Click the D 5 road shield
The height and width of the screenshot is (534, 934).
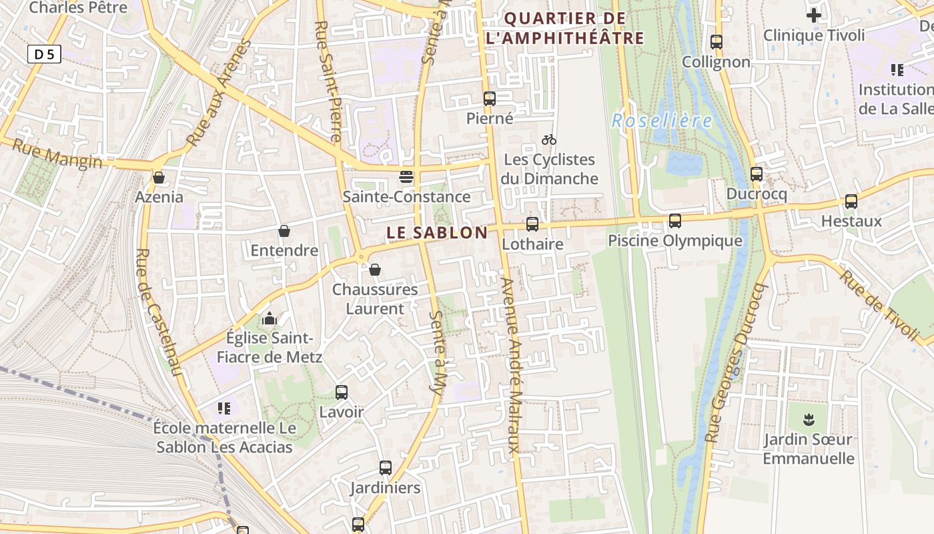tap(44, 54)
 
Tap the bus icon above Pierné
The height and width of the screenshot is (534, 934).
tap(490, 99)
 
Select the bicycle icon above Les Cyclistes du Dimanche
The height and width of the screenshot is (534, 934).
tap(549, 140)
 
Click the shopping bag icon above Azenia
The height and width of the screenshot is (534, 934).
tap(159, 178)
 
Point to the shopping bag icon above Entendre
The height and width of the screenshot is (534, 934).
tap(284, 231)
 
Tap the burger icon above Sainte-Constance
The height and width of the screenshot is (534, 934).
tap(406, 177)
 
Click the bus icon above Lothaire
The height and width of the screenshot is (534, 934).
tap(532, 224)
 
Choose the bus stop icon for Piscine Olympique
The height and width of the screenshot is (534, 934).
tap(675, 221)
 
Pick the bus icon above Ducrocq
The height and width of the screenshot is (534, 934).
tap(757, 174)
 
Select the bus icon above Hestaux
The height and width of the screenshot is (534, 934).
tap(851, 202)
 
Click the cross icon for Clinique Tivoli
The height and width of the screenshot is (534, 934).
tap(814, 15)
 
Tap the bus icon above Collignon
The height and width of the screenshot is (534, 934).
tap(717, 42)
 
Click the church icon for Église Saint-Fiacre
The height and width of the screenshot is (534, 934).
tap(270, 318)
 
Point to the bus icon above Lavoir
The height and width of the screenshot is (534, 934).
tap(342, 392)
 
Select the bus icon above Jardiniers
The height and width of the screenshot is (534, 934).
tap(386, 468)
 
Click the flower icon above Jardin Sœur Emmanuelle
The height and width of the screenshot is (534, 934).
tap(809, 420)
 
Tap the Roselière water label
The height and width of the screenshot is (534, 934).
tap(662, 121)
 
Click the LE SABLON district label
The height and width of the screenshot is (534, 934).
tap(437, 233)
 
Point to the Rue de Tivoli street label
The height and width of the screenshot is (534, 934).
tap(879, 304)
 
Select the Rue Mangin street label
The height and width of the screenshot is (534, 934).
tap(57, 156)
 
